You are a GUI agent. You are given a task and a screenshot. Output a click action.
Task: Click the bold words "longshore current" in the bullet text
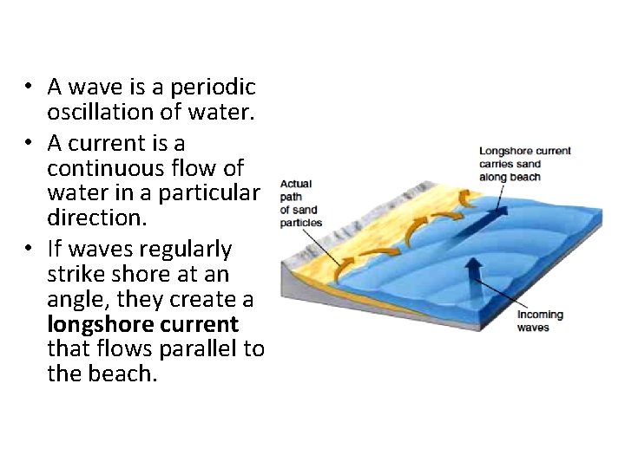(142, 324)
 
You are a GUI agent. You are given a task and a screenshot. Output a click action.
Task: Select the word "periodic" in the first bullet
(214, 87)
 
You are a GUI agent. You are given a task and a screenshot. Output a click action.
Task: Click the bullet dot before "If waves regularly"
(29, 249)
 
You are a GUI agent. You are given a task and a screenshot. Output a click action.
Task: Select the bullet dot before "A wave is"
(29, 87)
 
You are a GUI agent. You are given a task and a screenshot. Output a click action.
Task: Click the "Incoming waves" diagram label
(540, 321)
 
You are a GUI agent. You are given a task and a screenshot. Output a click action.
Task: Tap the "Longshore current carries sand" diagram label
(524, 164)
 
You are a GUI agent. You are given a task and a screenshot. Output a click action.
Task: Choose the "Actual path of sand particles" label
(300, 204)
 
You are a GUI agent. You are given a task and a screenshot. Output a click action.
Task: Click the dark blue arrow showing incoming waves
(473, 282)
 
